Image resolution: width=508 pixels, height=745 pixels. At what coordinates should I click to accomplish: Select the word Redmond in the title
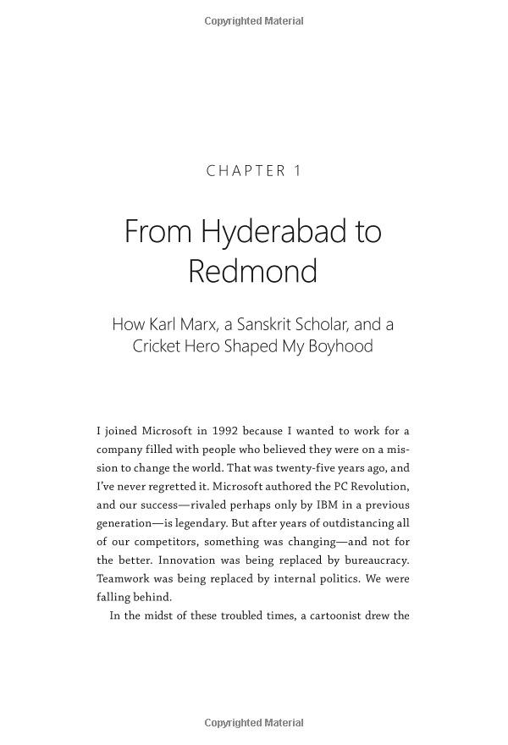[x=252, y=272]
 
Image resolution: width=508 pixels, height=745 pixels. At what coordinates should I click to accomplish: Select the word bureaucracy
[x=373, y=560]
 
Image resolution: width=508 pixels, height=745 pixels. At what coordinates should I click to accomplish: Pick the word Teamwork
[x=124, y=579]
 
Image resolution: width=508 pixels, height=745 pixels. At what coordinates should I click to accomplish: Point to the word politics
[x=339, y=579]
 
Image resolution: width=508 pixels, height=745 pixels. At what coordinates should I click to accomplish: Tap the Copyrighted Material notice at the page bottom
[x=254, y=723]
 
